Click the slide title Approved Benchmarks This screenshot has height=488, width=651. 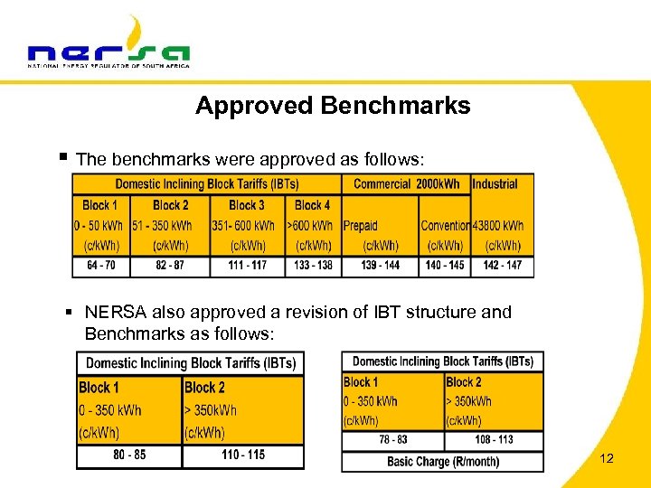[x=333, y=106]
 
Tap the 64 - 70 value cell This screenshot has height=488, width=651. [x=101, y=266]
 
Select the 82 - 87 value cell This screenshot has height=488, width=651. [x=170, y=266]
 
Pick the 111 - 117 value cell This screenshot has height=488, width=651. [x=247, y=266]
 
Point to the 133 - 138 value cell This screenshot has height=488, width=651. [x=312, y=266]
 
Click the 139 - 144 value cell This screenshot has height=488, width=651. [x=380, y=266]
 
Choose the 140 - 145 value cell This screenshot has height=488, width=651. [x=444, y=266]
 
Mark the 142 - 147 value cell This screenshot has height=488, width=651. [x=502, y=266]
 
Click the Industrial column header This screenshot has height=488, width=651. [x=495, y=183]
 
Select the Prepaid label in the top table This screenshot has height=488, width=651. [x=361, y=225]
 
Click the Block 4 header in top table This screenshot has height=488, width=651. [x=312, y=205]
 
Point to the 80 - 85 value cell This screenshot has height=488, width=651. [x=129, y=455]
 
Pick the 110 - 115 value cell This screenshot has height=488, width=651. [x=243, y=455]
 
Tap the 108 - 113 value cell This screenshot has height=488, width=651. [x=493, y=440]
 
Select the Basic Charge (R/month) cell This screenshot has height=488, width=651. [x=442, y=461]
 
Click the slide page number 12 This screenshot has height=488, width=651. [x=607, y=459]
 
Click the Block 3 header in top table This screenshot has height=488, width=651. [x=247, y=205]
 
